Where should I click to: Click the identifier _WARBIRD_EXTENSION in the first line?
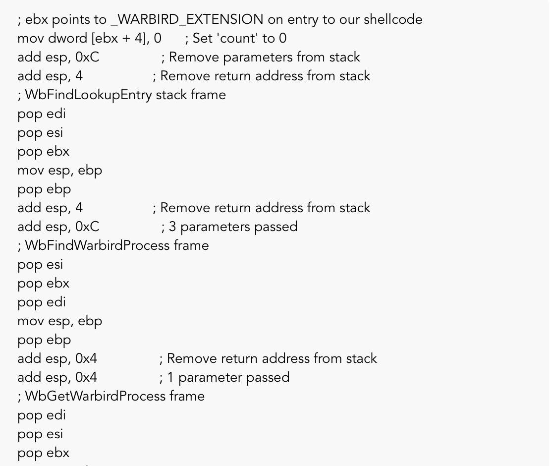[x=187, y=20]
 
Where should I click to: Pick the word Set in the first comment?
[x=203, y=39]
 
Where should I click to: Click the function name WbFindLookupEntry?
[x=88, y=95]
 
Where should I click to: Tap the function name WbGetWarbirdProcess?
[x=95, y=397]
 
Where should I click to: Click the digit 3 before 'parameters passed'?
[x=172, y=227]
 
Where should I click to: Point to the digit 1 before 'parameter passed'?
[x=170, y=378]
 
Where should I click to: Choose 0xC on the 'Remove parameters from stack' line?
[x=87, y=58]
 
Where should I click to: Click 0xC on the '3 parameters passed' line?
[x=87, y=227]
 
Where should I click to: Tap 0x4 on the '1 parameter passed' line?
[x=86, y=378]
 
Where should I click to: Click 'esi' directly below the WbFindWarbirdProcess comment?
[x=55, y=265]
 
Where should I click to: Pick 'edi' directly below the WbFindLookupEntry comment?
[x=56, y=114]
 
